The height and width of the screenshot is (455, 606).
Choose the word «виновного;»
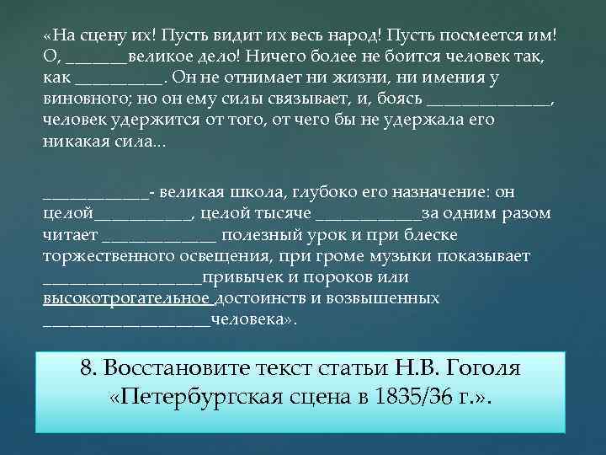[x=82, y=100]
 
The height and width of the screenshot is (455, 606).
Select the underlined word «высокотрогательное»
[x=127, y=298]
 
